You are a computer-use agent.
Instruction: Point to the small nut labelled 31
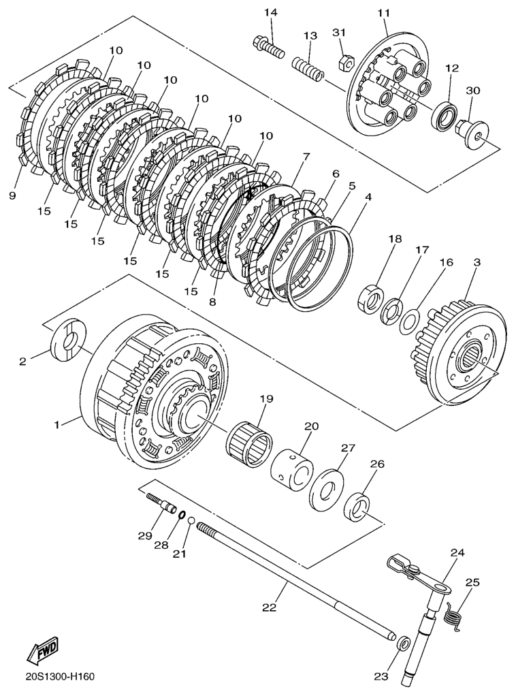click(x=344, y=64)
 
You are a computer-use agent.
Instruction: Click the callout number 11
click(x=383, y=13)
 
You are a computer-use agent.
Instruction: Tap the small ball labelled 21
click(x=192, y=522)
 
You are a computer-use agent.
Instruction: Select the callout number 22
click(x=270, y=607)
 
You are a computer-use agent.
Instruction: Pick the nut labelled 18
click(x=372, y=297)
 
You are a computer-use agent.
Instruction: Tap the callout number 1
click(x=59, y=424)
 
